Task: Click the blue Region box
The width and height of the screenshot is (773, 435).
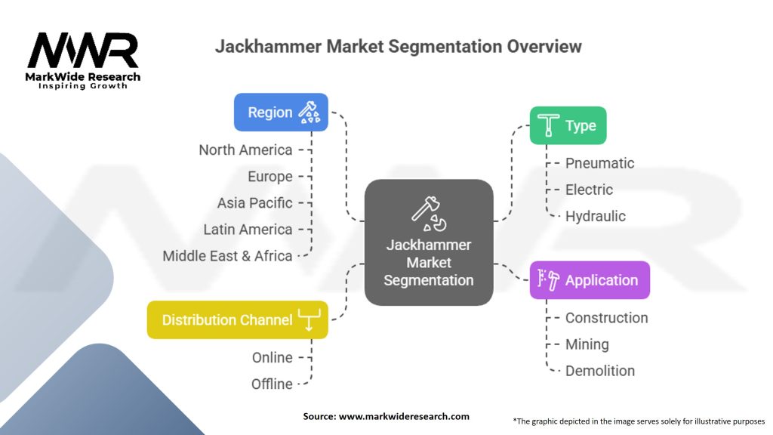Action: point(281,113)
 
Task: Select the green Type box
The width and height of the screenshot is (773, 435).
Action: point(568,125)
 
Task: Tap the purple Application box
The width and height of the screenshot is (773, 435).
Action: point(589,280)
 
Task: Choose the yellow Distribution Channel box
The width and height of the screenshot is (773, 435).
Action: point(237,319)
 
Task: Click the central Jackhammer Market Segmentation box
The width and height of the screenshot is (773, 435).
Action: point(429,243)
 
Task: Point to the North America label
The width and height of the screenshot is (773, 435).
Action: point(245,150)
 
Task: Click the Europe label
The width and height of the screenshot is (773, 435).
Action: point(269,176)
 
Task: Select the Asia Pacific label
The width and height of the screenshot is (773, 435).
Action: point(254,202)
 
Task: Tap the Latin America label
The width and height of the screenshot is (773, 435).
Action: point(248,229)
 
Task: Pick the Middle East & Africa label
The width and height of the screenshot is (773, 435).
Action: point(227,255)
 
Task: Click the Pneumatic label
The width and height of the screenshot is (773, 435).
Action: point(599,163)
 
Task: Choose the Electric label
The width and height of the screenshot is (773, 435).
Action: point(589,190)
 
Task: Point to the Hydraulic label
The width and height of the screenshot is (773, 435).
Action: point(595,216)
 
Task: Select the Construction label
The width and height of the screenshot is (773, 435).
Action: point(606,318)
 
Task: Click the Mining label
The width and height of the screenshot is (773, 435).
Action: point(587,344)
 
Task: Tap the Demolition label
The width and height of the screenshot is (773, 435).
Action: point(599,371)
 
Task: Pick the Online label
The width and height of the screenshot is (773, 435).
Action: point(272,357)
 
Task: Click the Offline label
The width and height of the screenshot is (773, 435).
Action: point(272,384)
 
